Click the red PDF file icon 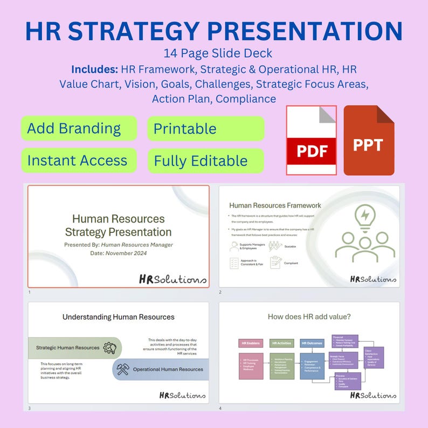pyautogui.click(x=312, y=140)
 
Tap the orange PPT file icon pyautogui.click(x=369, y=140)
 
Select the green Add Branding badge pyautogui.click(x=79, y=128)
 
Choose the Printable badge pyautogui.click(x=206, y=128)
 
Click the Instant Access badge pyautogui.click(x=79, y=161)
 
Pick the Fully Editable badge pyautogui.click(x=206, y=161)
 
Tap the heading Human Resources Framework pyautogui.click(x=275, y=205)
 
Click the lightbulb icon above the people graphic pyautogui.click(x=365, y=215)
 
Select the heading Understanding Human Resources pyautogui.click(x=118, y=317)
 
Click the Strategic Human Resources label pyautogui.click(x=68, y=348)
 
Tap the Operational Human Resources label pyautogui.click(x=168, y=369)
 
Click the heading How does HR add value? pyautogui.click(x=309, y=317)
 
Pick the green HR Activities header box pyautogui.click(x=281, y=343)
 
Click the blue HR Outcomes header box pyautogui.click(x=312, y=343)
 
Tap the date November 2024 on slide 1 pyautogui.click(x=126, y=253)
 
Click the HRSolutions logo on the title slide pyautogui.click(x=172, y=279)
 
